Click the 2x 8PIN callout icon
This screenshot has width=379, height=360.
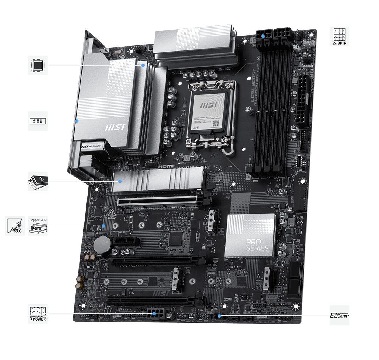click(340, 36)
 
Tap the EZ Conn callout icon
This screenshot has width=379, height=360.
click(340, 315)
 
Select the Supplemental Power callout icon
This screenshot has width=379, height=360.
click(38, 313)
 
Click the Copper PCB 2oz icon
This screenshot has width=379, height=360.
click(38, 226)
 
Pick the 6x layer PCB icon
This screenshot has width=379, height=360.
click(15, 226)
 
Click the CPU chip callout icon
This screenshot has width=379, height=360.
click(38, 65)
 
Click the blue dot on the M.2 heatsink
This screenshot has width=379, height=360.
click(120, 181)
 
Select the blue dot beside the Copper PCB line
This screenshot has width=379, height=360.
click(104, 226)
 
